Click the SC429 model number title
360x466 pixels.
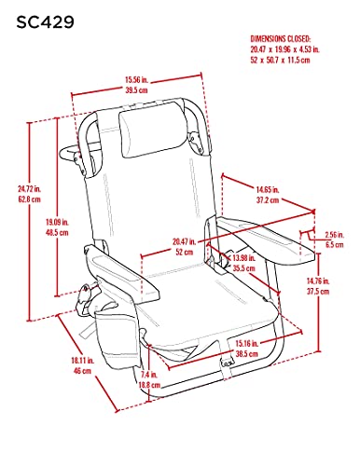pos(45,22)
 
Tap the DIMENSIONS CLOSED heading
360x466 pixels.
pos(281,39)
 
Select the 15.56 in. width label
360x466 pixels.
pos(136,80)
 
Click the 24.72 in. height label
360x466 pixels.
pos(29,188)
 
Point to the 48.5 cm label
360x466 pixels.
pos(57,232)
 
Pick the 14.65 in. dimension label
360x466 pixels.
pos(268,189)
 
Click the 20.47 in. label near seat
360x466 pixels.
pos(184,241)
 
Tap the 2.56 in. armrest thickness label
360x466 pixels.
pos(335,235)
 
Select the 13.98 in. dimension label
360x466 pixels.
pos(244,258)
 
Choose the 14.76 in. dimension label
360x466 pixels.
pos(318,281)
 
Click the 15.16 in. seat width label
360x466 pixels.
pos(247,343)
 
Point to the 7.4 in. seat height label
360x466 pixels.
pos(149,375)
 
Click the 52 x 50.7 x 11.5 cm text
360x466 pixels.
pos(281,60)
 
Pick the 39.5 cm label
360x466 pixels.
pos(136,90)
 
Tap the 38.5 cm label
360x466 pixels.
pos(247,353)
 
